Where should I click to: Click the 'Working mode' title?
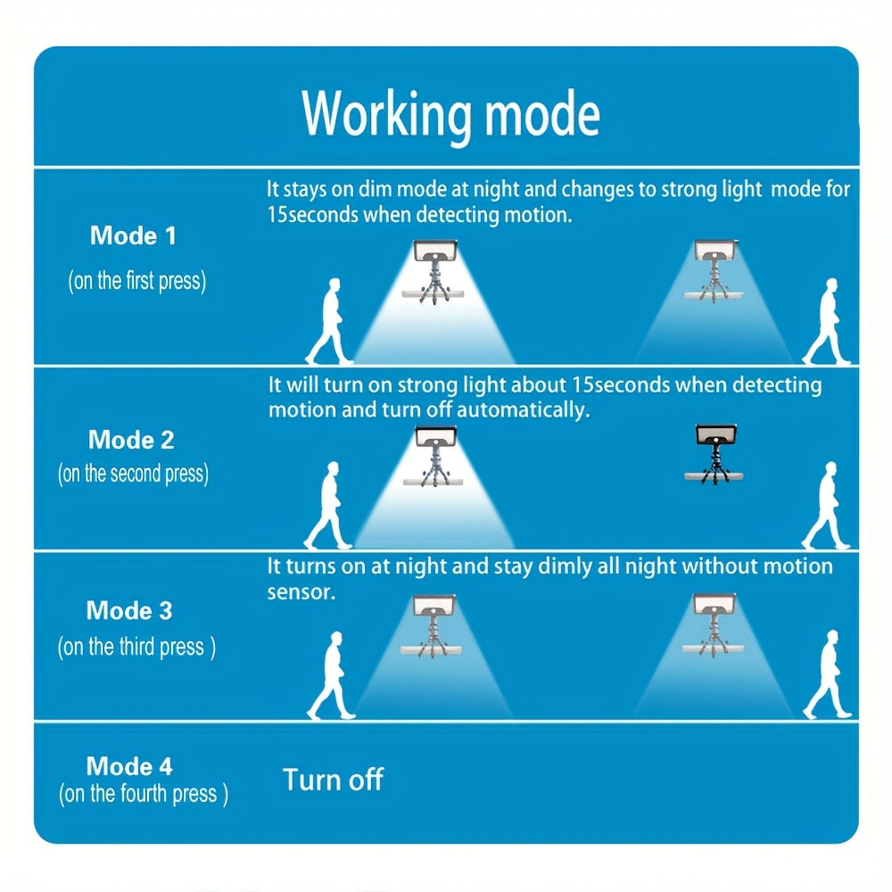click(450, 115)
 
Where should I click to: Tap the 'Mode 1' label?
click(133, 235)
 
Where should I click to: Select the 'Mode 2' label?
click(131, 440)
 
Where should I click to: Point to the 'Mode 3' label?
click(129, 610)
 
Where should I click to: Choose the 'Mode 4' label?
click(129, 765)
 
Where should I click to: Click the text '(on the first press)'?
click(137, 281)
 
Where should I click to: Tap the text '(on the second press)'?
click(133, 474)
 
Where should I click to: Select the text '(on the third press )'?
click(136, 647)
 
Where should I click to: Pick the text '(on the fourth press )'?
click(144, 794)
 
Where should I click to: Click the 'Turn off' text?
click(333, 780)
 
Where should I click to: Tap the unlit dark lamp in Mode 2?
click(714, 453)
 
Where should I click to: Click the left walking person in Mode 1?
click(330, 321)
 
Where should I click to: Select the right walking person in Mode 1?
click(828, 321)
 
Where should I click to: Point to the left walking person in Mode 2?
click(329, 505)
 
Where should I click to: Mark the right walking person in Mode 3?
click(829, 674)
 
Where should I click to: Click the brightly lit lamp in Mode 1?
click(435, 271)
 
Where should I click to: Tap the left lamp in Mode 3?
click(433, 626)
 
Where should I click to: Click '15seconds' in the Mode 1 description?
click(313, 215)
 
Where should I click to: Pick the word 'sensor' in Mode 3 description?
click(301, 593)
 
